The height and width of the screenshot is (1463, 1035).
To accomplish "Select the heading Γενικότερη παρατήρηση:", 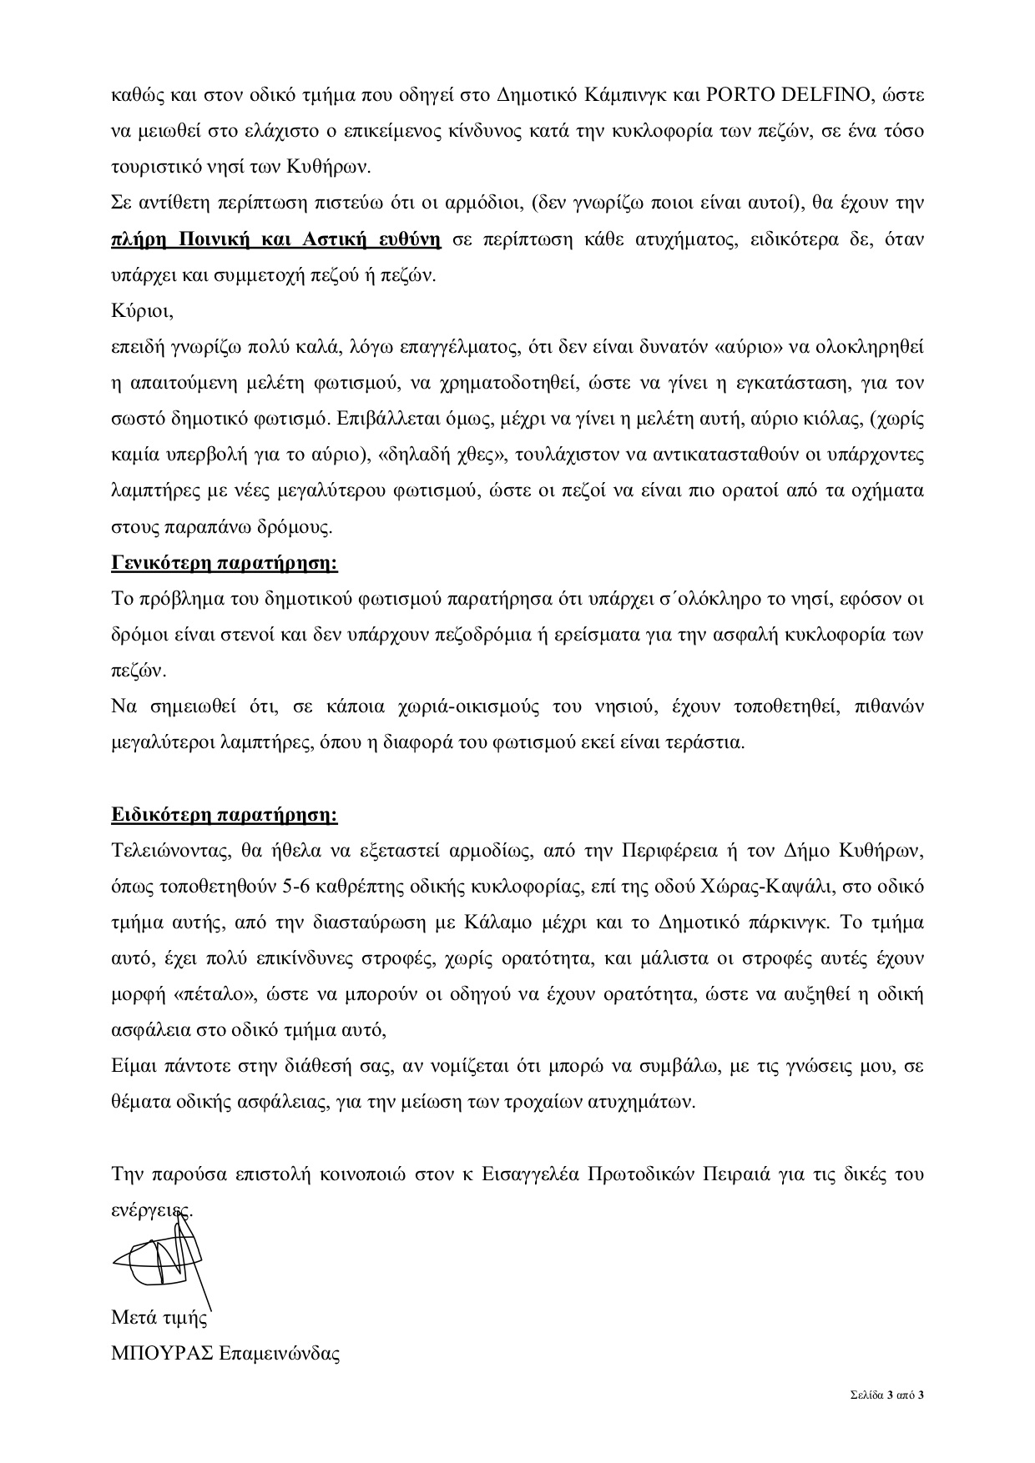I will (x=225, y=563).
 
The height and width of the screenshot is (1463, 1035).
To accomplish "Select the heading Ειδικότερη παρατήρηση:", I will (x=225, y=814).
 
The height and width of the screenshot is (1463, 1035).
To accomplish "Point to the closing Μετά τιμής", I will (x=159, y=1319).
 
